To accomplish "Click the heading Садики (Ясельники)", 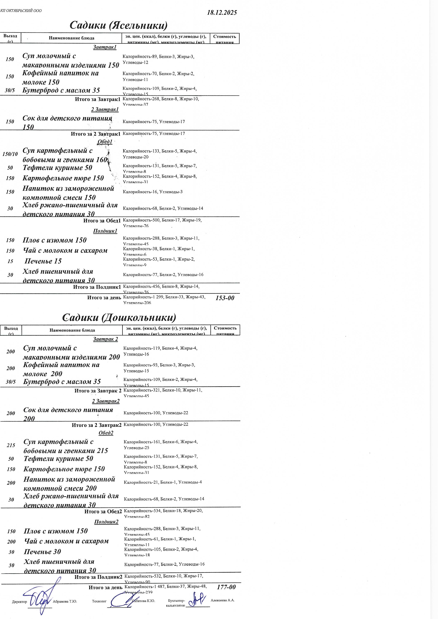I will tap(118, 25).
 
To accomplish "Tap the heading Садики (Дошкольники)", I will tap(119, 317).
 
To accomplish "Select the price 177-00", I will tap(226, 587).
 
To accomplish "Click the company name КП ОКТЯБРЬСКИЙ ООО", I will tap(21, 11).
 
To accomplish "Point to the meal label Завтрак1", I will tap(105, 47).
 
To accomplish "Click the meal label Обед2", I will tap(106, 433).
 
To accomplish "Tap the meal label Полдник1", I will tap(105, 231).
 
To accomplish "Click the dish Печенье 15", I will tap(43, 261).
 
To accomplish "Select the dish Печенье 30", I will tap(42, 551).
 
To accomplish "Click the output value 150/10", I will tap(10, 154).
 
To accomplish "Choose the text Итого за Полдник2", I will tap(98, 577).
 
